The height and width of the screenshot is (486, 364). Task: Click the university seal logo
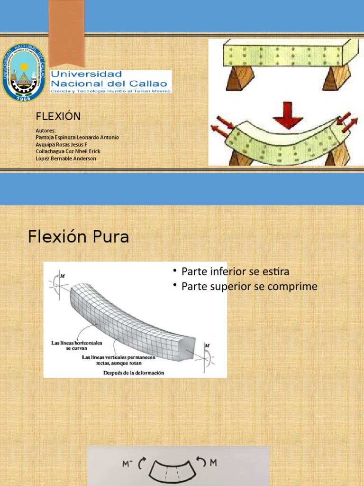24,72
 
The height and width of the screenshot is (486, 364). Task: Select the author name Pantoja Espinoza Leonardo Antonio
77,137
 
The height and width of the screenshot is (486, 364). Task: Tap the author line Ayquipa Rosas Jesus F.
62,144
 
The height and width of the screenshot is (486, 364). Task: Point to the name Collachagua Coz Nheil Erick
68,151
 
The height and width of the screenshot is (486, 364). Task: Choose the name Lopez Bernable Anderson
66,159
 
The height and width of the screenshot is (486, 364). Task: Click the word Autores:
46,130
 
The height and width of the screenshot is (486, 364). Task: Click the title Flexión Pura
78,236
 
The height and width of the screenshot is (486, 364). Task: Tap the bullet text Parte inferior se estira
235,271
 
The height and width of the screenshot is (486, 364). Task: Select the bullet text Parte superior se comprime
249,287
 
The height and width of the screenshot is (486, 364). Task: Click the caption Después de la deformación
134,373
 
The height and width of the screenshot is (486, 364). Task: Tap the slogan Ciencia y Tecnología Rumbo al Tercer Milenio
110,90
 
